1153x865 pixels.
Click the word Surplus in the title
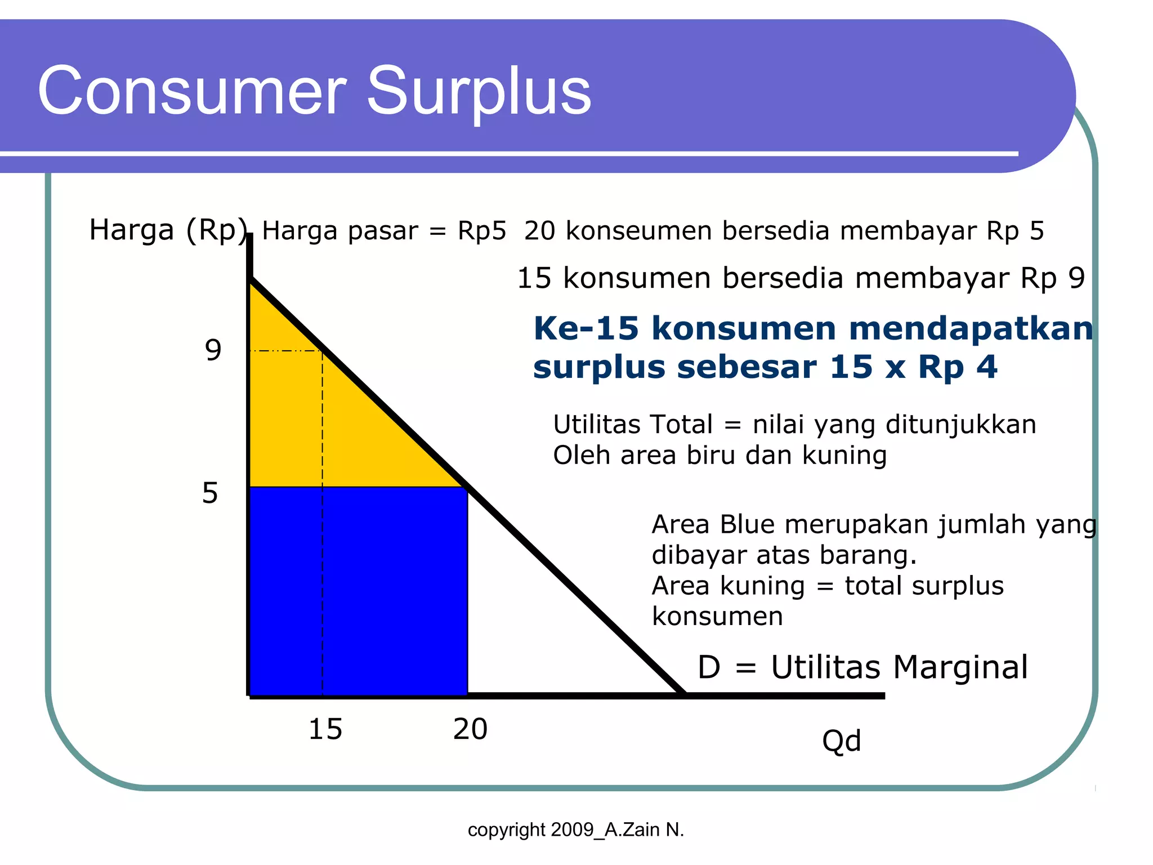[x=479, y=91]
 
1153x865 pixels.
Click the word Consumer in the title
[x=191, y=91]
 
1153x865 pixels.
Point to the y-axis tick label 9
[x=213, y=350]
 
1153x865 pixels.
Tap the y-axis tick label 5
[x=210, y=493]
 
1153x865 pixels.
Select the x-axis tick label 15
[x=325, y=729]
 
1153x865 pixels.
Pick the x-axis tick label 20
[x=470, y=729]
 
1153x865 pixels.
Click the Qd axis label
[x=841, y=741]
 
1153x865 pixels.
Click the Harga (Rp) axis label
[x=168, y=230]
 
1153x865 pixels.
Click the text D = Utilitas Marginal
[x=862, y=668]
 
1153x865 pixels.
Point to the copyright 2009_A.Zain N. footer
[x=575, y=830]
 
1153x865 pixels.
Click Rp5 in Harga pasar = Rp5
[x=481, y=231]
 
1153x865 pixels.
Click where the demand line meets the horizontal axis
[x=683, y=694]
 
